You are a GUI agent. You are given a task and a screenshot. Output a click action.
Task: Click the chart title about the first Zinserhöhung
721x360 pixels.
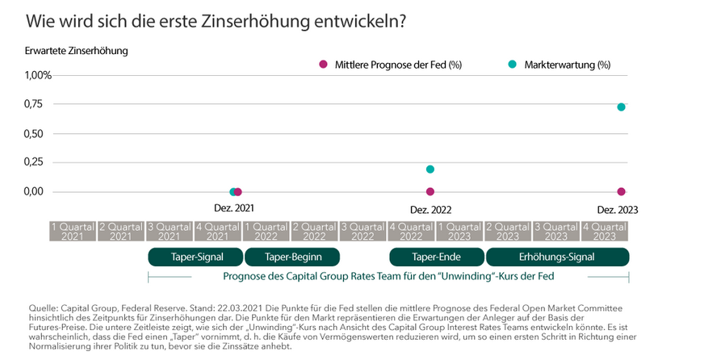coord(215,20)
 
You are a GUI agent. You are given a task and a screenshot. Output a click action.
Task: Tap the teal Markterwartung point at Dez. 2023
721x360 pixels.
coord(621,107)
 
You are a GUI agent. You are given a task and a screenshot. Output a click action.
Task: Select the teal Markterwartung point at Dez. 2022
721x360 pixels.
coord(430,170)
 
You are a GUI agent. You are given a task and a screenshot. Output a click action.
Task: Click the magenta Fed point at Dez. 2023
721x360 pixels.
coord(621,191)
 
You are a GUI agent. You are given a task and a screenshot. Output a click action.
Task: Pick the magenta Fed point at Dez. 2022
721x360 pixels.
coord(430,191)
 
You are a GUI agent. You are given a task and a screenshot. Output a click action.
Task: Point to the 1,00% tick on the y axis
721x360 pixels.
coord(39,75)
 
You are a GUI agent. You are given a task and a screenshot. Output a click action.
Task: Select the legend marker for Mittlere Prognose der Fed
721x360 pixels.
coord(323,64)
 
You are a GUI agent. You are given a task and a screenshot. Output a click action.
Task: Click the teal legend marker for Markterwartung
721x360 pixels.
coord(512,64)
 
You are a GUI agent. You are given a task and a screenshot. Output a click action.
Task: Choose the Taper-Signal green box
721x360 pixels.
coord(196,257)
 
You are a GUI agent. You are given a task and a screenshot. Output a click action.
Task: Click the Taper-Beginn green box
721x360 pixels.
coord(292,257)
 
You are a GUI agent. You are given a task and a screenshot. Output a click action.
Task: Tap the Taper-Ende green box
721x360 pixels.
coord(436,257)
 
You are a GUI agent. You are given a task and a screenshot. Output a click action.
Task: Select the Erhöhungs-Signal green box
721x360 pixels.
coord(557,257)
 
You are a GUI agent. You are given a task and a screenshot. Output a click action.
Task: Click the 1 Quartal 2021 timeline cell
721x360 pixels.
coord(72,232)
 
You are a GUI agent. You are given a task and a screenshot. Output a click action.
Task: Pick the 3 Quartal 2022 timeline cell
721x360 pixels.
coord(363,232)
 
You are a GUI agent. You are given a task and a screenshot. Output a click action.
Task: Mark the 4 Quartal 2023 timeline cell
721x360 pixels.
coord(605,232)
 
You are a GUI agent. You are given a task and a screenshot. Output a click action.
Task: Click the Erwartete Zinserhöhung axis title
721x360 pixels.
coord(77,51)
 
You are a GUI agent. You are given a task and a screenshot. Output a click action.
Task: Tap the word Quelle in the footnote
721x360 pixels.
coord(43,308)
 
